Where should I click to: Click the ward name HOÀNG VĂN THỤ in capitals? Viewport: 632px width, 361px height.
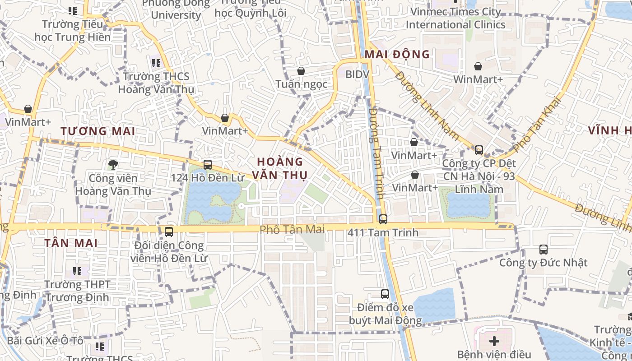(x=280, y=168)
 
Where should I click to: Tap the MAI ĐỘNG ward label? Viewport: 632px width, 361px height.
(x=397, y=55)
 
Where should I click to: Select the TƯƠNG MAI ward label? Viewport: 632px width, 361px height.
(x=98, y=131)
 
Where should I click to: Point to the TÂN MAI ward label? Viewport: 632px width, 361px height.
(x=71, y=243)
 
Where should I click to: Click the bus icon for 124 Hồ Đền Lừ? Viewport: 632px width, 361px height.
(x=208, y=165)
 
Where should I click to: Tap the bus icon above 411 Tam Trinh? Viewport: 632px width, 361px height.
(x=383, y=219)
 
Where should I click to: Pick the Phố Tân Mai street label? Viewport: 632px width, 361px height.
(x=292, y=230)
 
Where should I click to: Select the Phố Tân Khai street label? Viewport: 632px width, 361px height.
(x=536, y=124)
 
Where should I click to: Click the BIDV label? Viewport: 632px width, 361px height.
(x=358, y=74)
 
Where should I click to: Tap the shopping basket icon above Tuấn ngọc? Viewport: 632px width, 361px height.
(x=301, y=71)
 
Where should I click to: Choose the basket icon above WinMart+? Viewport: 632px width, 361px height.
(x=478, y=66)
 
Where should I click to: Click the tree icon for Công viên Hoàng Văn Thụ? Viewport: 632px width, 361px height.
(x=113, y=165)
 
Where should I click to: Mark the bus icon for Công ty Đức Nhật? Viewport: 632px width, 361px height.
(x=544, y=249)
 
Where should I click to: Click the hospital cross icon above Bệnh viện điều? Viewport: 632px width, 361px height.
(x=494, y=341)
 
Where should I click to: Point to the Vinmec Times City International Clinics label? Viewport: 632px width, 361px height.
(x=455, y=18)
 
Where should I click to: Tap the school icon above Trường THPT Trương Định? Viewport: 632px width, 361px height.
(x=77, y=271)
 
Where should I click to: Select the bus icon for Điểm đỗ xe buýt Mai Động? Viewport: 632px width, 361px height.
(x=385, y=294)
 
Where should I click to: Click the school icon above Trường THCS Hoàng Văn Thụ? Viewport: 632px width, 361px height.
(x=156, y=63)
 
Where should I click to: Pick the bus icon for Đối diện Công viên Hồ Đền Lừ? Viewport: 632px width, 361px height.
(x=169, y=232)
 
